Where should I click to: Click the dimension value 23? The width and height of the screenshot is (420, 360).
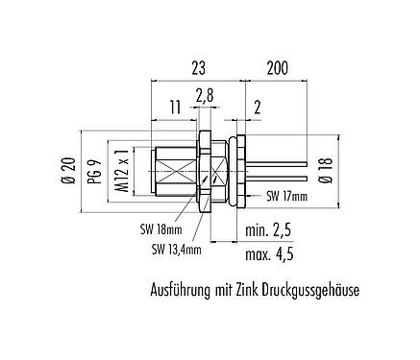pos(198,68)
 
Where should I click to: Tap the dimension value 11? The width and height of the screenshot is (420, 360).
pos(173,108)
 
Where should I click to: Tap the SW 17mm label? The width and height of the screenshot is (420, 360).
pos(285,196)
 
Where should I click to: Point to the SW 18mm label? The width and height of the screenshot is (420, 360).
pos(152,230)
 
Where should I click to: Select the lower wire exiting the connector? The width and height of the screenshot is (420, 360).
pos(279,179)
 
